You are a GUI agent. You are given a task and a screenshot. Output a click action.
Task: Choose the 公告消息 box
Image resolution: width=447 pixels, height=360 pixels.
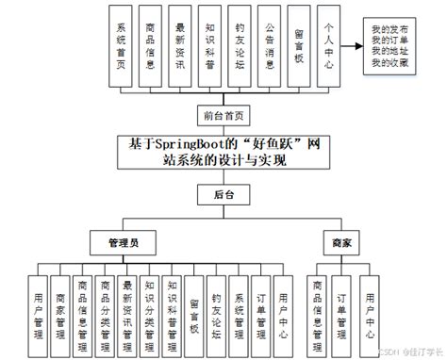point(270,46)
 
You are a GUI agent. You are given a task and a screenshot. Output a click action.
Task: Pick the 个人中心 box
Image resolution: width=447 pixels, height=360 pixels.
point(327,46)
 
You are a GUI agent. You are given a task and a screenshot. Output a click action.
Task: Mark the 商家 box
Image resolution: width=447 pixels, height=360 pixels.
point(341,242)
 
